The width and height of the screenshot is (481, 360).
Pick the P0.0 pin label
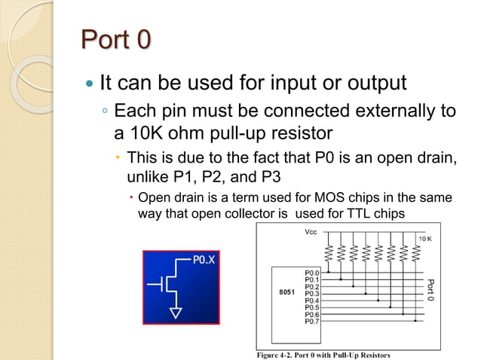pyautogui.click(x=312, y=272)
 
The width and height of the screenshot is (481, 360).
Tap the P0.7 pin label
pyautogui.click(x=312, y=322)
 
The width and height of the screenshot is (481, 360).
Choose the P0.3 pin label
pyautogui.click(x=312, y=293)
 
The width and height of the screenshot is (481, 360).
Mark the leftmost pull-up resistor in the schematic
pyautogui.click(x=329, y=252)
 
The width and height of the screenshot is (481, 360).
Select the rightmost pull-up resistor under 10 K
pyautogui.click(x=415, y=252)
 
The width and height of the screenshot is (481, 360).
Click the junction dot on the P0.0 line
pyautogui.click(x=329, y=272)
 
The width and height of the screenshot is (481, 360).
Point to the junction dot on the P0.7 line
pyautogui.click(x=415, y=322)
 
